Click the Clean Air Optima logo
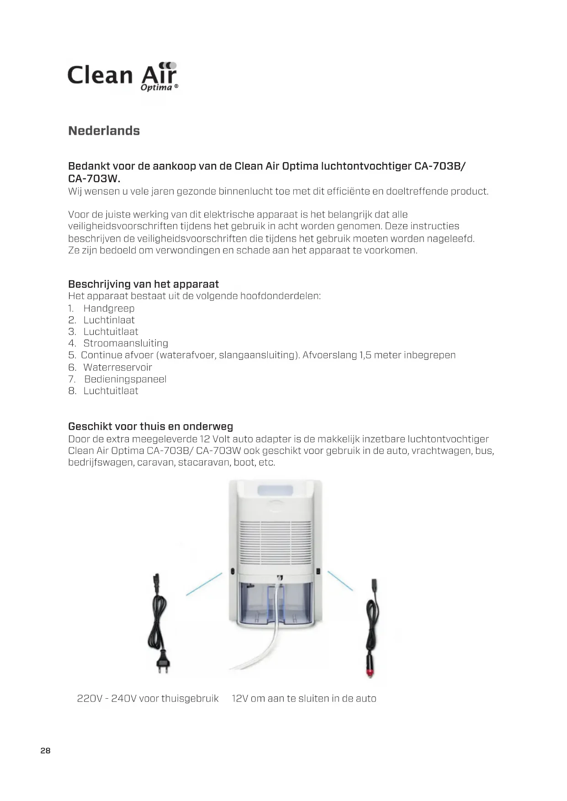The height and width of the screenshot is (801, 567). (122, 76)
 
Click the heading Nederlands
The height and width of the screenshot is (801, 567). (104, 131)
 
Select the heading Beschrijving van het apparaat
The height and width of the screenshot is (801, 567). (143, 284)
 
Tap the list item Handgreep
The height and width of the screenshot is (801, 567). (109, 308)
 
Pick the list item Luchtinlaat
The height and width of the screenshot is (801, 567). (109, 320)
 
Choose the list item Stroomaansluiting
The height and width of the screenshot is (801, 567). (126, 343)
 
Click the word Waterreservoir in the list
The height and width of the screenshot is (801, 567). (117, 367)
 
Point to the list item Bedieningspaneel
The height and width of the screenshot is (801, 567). (125, 379)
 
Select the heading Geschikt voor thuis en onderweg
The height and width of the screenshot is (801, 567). (150, 427)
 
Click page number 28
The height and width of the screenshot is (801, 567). (45, 751)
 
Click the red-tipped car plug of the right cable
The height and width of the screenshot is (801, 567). (371, 671)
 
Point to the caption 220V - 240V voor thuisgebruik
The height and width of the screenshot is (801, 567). (148, 699)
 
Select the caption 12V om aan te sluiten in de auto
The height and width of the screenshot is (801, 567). (304, 699)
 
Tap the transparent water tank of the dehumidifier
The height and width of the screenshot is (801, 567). (276, 603)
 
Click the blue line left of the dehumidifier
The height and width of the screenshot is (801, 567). (204, 584)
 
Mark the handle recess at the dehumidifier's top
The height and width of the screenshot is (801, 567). (276, 490)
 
